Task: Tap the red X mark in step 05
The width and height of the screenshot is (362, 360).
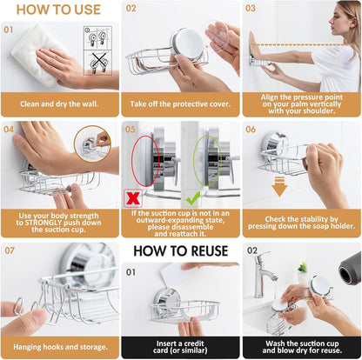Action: coord(133,197)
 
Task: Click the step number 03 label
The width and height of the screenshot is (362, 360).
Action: coord(251,9)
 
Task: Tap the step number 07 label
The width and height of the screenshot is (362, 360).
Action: coord(10,250)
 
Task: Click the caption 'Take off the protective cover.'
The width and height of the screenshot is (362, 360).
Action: coord(180,104)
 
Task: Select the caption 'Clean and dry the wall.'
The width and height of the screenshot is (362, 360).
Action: coord(59,104)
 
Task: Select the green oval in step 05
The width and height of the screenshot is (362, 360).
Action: coord(206,160)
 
